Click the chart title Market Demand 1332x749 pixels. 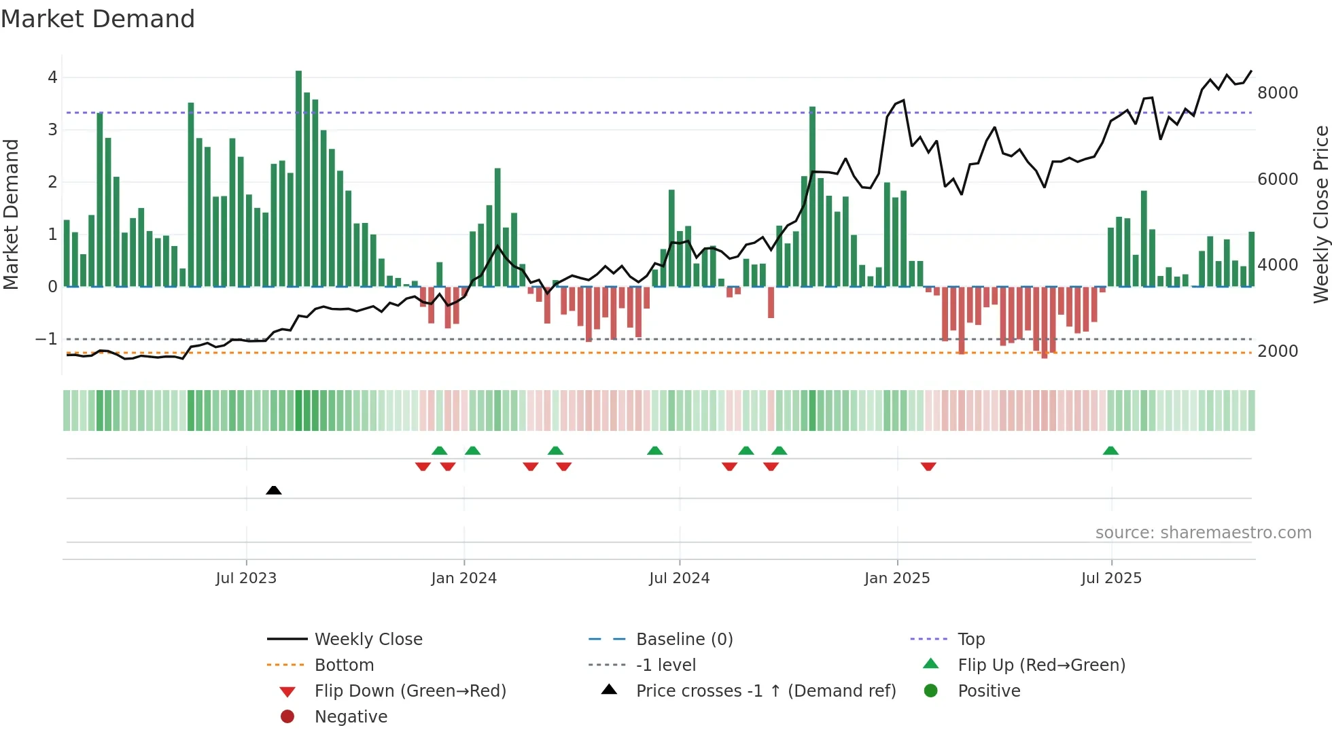click(98, 19)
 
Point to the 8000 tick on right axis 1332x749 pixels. click(1277, 93)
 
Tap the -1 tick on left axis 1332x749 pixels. click(46, 338)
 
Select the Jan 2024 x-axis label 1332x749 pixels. click(463, 578)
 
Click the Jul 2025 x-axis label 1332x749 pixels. click(1111, 578)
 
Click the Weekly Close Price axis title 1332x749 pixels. click(1320, 214)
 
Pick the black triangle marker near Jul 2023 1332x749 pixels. click(273, 490)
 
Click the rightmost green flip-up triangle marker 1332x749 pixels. click(1110, 451)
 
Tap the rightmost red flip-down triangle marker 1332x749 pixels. click(928, 466)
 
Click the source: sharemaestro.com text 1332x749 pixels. click(1203, 533)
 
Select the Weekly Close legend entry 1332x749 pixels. click(368, 640)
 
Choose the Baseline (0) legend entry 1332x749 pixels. click(684, 640)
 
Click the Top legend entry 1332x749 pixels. click(970, 640)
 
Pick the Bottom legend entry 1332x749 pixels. click(344, 665)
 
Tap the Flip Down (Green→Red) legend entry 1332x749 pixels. click(410, 691)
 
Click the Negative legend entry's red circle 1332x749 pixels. click(287, 717)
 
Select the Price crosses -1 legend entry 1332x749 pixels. click(765, 691)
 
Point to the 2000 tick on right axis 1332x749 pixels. click(1277, 351)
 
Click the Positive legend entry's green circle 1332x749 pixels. click(931, 691)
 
